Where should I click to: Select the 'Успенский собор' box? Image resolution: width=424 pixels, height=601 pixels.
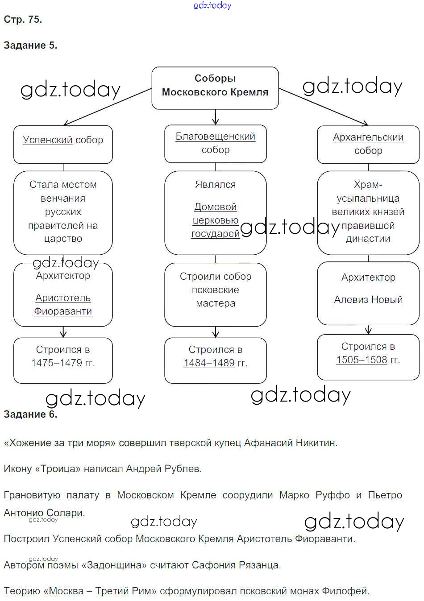click(x=63, y=144)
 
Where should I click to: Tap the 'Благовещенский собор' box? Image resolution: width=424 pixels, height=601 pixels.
click(x=216, y=143)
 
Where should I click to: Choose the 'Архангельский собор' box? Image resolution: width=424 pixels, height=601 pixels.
click(x=368, y=144)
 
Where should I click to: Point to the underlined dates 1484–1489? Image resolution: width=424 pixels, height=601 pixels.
click(x=209, y=363)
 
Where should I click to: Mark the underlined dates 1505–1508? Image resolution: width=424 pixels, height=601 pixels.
click(x=362, y=360)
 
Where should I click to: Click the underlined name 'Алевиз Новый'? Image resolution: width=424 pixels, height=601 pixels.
click(x=368, y=300)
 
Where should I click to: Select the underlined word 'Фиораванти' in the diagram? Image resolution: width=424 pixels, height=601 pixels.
click(x=63, y=311)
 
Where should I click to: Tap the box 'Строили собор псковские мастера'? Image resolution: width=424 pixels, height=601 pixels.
click(x=216, y=294)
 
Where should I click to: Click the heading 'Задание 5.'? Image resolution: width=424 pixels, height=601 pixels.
click(x=30, y=45)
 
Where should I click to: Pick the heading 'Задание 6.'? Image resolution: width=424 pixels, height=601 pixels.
click(x=30, y=414)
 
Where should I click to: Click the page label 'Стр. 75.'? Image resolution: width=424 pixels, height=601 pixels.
click(x=23, y=19)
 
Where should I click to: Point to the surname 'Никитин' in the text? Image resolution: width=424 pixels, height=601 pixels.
click(x=316, y=443)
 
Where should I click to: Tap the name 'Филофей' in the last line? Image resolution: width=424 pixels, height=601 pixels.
click(x=350, y=591)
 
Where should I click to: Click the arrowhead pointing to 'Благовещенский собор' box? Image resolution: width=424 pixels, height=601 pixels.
click(x=216, y=121)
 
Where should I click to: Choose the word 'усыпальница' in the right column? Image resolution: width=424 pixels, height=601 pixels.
click(x=368, y=198)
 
